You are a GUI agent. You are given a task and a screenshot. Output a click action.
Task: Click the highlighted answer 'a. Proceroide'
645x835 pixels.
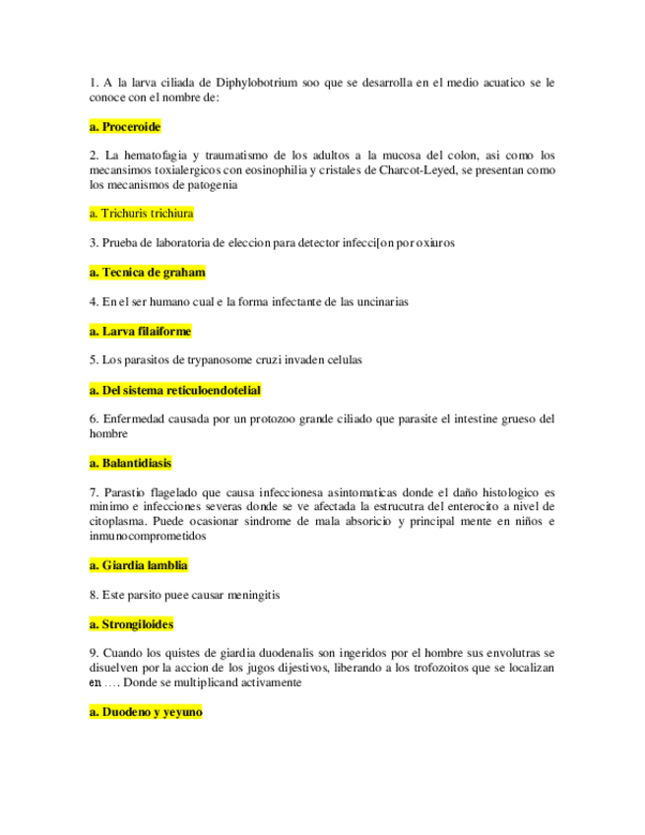pyautogui.click(x=124, y=127)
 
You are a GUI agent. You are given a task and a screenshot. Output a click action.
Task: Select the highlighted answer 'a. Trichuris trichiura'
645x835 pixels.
pyautogui.click(x=141, y=213)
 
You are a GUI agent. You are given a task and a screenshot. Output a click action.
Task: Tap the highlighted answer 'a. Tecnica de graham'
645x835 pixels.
pyautogui.click(x=147, y=273)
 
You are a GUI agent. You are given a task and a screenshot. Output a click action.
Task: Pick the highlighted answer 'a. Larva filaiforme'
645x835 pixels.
pyautogui.click(x=140, y=332)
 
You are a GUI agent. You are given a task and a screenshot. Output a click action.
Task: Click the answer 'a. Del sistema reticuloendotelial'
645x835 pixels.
pyautogui.click(x=174, y=390)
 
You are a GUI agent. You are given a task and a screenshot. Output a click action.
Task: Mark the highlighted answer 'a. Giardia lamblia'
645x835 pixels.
pyautogui.click(x=138, y=565)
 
